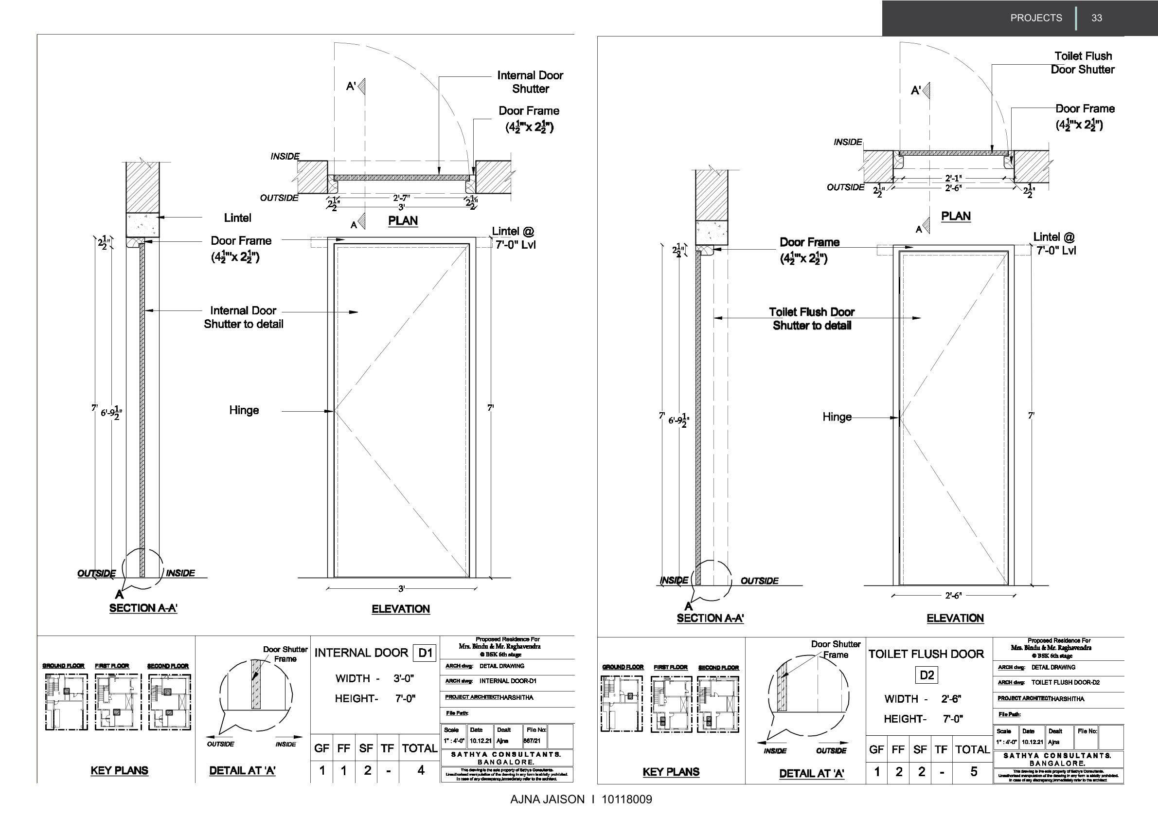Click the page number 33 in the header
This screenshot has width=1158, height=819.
pyautogui.click(x=1096, y=18)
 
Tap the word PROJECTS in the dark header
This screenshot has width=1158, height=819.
pyautogui.click(x=1036, y=18)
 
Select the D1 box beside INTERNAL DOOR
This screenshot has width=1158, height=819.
pyautogui.click(x=425, y=653)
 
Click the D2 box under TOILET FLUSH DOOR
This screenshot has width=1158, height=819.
pyautogui.click(x=927, y=675)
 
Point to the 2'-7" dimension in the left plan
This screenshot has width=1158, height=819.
pyautogui.click(x=402, y=198)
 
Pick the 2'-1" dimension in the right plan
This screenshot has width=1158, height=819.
pyautogui.click(x=953, y=178)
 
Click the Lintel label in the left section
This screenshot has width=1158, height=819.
pyautogui.click(x=237, y=218)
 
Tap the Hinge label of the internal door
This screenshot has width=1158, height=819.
pyautogui.click(x=244, y=410)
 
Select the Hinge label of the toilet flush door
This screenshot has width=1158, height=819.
pyautogui.click(x=837, y=417)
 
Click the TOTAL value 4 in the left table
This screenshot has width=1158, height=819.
pyautogui.click(x=421, y=770)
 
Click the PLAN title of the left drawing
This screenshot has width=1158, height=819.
pyautogui.click(x=403, y=221)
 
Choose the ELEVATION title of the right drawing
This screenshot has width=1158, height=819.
pyautogui.click(x=955, y=618)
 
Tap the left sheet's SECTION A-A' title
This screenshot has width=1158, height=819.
pyautogui.click(x=143, y=608)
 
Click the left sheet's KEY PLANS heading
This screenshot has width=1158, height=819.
pyautogui.click(x=120, y=770)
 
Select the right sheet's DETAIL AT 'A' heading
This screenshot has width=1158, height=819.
pyautogui.click(x=812, y=773)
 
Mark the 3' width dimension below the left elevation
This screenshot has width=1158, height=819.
pyautogui.click(x=401, y=588)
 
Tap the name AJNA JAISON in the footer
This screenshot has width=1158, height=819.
pyautogui.click(x=547, y=800)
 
